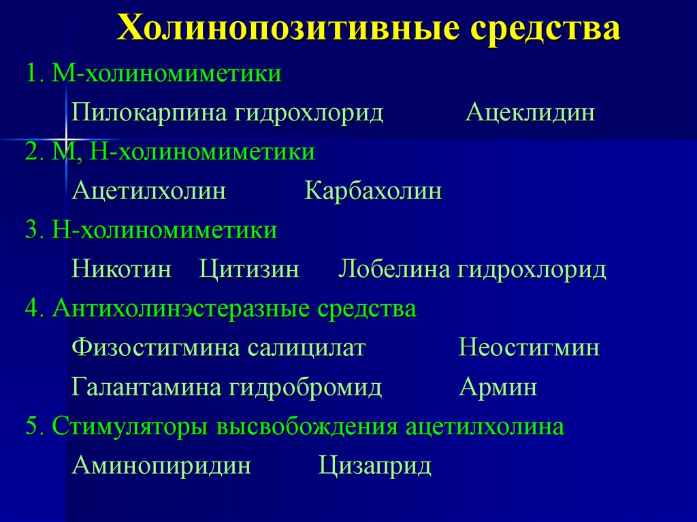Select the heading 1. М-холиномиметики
154,73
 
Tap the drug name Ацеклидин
530,112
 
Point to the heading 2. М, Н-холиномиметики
170,152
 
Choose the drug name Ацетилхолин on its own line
149,191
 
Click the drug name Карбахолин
373,191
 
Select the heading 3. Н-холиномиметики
151,230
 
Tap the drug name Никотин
121,270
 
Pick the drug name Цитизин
249,270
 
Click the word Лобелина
394,270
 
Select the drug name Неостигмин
529,348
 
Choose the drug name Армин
498,388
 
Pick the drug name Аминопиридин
161,466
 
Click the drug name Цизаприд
375,466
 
